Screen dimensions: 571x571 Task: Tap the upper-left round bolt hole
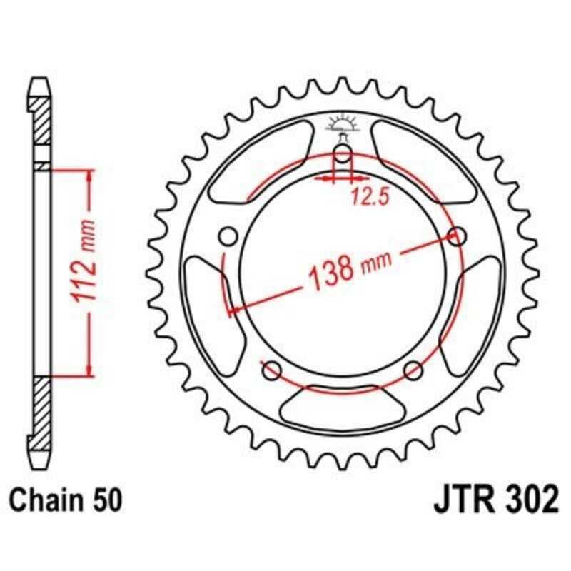(x=228, y=236)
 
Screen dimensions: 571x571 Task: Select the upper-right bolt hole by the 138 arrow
(x=458, y=236)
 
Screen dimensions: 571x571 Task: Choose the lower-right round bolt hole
(x=413, y=370)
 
